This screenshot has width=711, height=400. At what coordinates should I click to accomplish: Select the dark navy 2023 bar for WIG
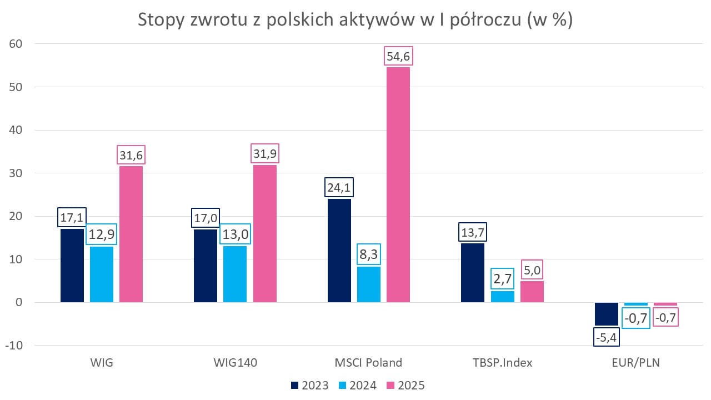click(72, 266)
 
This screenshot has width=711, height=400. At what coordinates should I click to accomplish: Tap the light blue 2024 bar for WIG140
click(235, 274)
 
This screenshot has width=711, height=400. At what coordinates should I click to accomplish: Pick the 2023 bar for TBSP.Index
click(473, 273)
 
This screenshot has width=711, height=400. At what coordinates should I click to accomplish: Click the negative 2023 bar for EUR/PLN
click(607, 314)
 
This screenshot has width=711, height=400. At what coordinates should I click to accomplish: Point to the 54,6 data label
click(398, 57)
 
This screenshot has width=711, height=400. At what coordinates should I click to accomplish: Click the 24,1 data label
click(339, 188)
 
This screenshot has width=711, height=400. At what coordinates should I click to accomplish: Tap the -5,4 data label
click(607, 337)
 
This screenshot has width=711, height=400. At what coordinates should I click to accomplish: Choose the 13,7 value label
click(473, 232)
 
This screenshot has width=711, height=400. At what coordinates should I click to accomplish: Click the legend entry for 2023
click(310, 386)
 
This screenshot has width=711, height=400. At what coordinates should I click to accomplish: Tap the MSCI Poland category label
click(368, 363)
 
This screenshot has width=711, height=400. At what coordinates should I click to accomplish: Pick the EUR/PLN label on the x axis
click(636, 363)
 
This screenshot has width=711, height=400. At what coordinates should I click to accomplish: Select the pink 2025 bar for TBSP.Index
click(532, 292)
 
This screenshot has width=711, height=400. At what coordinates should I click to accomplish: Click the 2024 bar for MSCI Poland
click(369, 284)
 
